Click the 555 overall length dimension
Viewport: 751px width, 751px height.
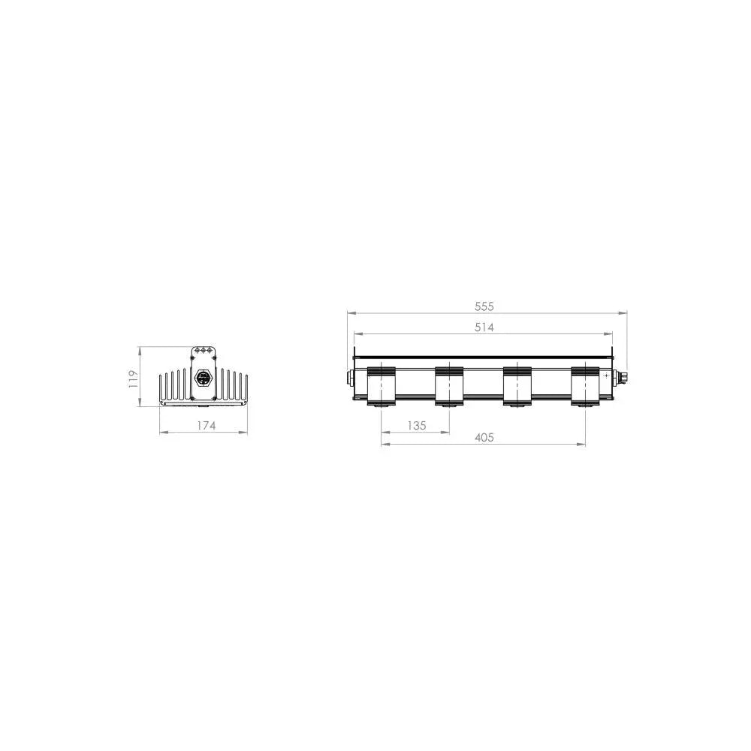[484, 306]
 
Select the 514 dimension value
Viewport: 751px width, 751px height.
[484, 327]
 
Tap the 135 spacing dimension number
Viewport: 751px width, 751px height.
[417, 425]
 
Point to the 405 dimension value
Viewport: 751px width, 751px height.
[484, 437]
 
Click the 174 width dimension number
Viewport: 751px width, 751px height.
[206, 425]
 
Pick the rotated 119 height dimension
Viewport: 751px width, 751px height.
[133, 379]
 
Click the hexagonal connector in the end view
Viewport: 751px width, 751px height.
[203, 379]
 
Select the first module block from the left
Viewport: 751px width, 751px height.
[382, 386]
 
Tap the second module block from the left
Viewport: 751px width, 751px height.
[449, 386]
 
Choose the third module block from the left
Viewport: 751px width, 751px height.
[517, 386]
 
